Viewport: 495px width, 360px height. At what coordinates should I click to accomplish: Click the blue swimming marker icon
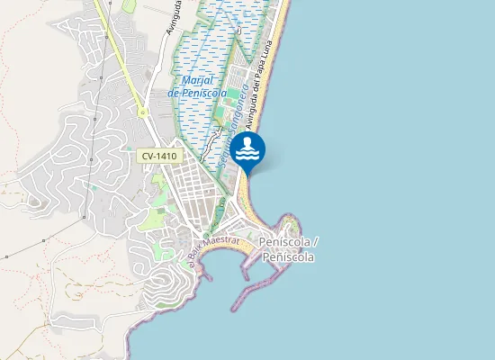(247, 150)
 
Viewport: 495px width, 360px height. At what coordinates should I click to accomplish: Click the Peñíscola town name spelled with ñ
(289, 257)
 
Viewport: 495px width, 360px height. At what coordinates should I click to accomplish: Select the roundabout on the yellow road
(142, 112)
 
